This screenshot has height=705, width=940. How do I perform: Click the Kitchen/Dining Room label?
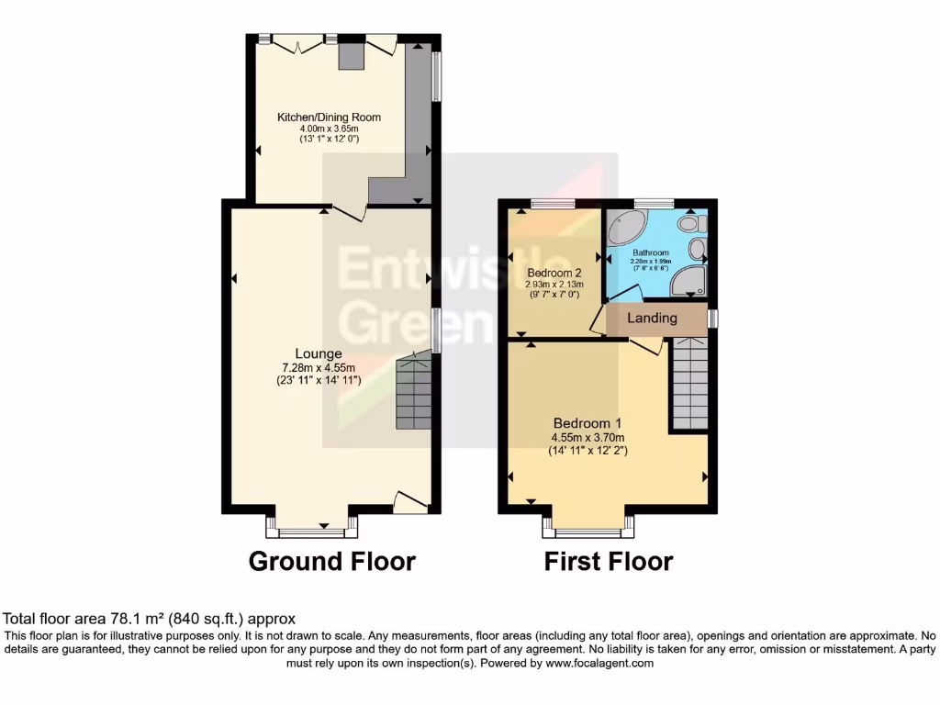tap(329, 117)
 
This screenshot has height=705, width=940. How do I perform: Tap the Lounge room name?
tap(319, 353)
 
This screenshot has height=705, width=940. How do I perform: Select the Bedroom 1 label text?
tap(587, 423)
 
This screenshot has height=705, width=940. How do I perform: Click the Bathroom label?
tap(650, 252)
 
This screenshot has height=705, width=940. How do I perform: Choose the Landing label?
tap(652, 319)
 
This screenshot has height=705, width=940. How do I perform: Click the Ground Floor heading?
tap(331, 561)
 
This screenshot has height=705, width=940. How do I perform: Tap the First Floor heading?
tap(609, 561)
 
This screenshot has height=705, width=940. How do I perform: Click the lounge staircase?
tap(414, 394)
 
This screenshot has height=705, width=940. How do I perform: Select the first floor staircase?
tap(689, 383)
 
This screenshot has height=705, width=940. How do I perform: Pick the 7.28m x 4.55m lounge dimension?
tap(318, 367)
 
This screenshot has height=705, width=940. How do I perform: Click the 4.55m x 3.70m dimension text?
tap(587, 437)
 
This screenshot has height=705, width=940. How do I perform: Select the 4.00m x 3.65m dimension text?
tap(329, 129)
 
